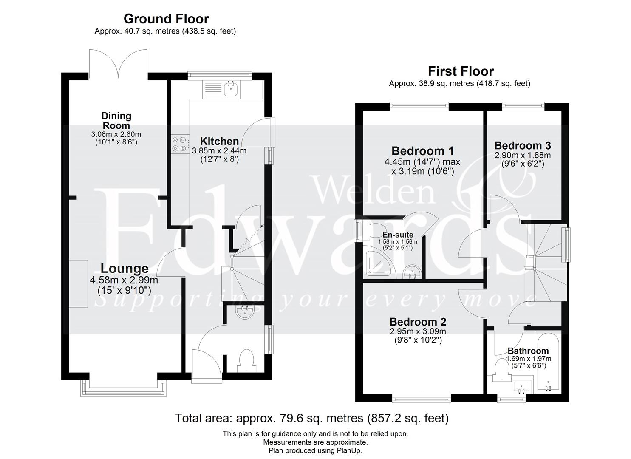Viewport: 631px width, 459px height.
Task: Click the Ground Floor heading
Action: [166, 19]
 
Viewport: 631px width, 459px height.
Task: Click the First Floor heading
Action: [461, 71]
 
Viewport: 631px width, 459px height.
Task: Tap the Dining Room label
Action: [116, 120]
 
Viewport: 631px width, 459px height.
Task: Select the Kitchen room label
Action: [219, 141]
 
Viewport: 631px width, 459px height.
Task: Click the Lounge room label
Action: [124, 269]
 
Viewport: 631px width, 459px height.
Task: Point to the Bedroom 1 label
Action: [422, 151]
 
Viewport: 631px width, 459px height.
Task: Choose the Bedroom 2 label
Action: [418, 322]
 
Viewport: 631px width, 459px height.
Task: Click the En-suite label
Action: [398, 235]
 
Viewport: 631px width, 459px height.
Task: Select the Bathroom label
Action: [528, 351]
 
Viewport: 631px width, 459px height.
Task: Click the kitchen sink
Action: [231, 90]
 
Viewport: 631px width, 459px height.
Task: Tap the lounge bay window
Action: [123, 388]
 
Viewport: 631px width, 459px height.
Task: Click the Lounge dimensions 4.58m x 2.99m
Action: [124, 280]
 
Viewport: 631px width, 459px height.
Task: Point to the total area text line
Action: [311, 419]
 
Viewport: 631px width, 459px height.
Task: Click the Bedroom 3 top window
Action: [523, 105]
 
